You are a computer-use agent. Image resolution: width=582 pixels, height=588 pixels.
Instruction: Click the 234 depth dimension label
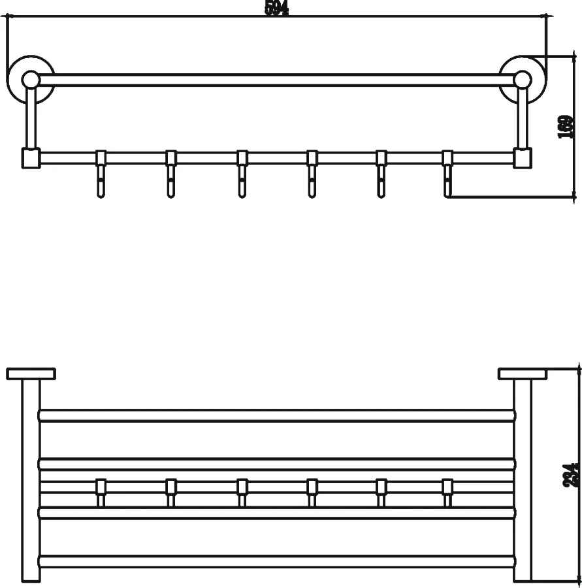tap(572, 475)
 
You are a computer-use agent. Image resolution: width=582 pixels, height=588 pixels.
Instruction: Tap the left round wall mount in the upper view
tap(30, 79)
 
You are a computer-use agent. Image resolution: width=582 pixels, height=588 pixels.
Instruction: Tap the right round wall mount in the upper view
tap(521, 79)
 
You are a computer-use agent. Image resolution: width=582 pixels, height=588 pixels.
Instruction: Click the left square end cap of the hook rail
tap(31, 158)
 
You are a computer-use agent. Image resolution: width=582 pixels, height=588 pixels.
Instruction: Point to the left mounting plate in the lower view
tap(31, 374)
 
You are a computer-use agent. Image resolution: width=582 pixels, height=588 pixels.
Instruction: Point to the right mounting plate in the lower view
tap(522, 374)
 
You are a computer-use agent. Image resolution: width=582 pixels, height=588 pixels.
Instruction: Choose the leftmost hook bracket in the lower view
tap(101, 491)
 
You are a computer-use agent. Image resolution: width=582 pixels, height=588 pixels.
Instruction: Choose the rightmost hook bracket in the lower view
tap(448, 491)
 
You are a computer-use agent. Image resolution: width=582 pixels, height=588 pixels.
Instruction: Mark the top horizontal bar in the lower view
tap(277, 416)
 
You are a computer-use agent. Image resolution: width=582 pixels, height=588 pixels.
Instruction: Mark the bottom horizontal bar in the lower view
tap(277, 561)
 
